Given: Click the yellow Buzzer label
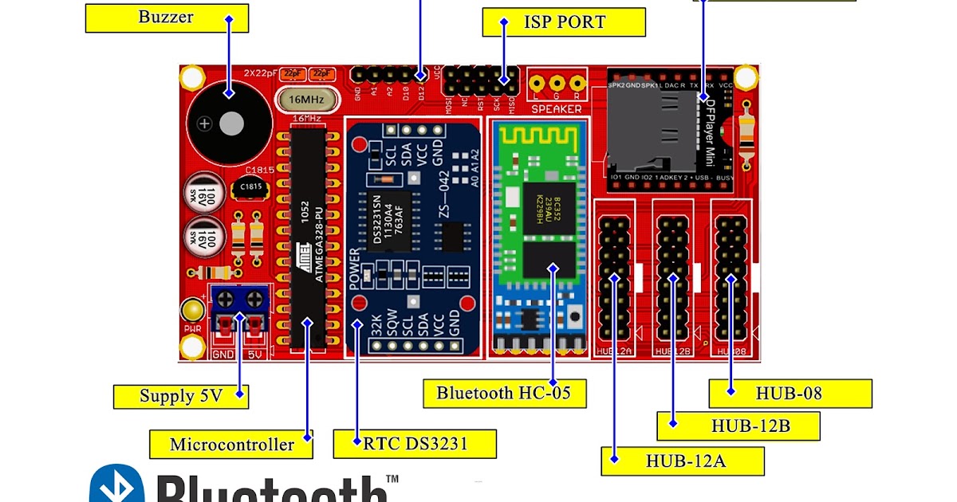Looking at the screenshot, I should click(166, 18).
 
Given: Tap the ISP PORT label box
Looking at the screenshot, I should click(564, 22).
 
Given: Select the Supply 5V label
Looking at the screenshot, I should click(181, 396).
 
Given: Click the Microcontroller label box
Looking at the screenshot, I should click(231, 444).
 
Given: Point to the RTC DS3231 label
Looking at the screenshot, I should click(415, 443).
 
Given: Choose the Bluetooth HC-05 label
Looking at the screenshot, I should click(503, 392).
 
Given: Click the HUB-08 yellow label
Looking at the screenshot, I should click(790, 393).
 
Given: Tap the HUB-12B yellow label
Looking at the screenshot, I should click(738, 426).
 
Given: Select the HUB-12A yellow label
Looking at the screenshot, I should click(683, 461).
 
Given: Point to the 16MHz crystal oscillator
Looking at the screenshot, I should click(306, 100).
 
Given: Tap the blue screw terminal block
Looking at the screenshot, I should click(239, 300).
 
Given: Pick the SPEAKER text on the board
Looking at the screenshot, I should click(556, 109).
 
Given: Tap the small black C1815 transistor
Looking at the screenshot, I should click(243, 187).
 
